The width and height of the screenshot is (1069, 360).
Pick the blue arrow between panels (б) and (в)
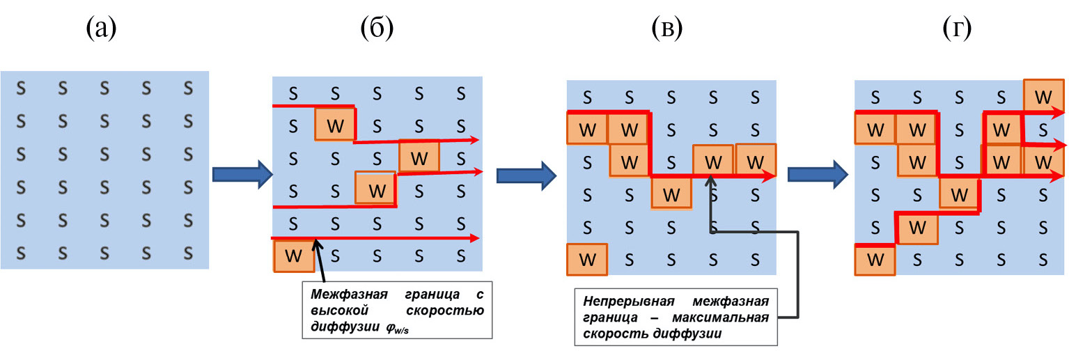click(524, 174)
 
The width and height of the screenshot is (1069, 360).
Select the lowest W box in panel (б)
click(294, 256)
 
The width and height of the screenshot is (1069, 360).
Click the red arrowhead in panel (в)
click(770, 177)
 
